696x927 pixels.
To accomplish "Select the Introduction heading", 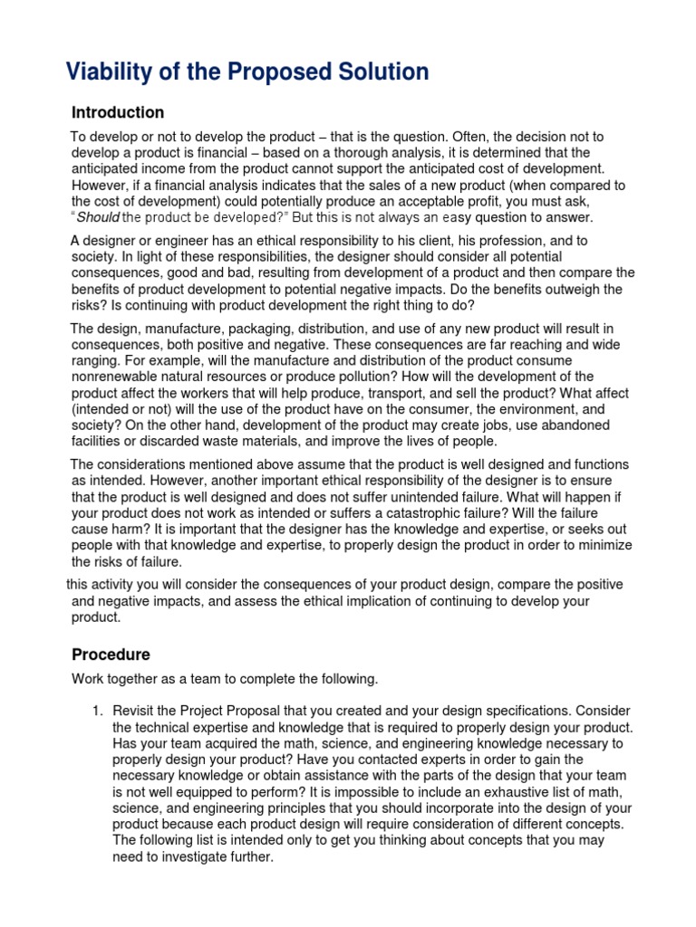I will click(118, 113).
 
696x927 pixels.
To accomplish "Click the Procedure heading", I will click(111, 655).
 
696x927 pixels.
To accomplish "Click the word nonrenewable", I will click(117, 360).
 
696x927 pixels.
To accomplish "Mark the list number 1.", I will click(98, 711).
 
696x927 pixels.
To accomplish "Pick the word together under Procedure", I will click(138, 679).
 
